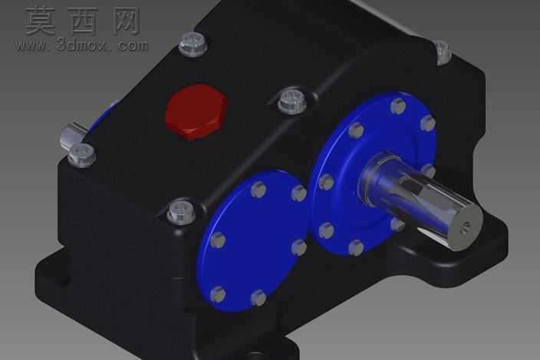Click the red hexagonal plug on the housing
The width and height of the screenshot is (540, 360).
pos(196,111)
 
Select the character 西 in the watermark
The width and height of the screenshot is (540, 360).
pos(84,21)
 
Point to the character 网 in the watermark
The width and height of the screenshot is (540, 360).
pos(124,21)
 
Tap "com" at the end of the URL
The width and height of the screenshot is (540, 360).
pos(133,45)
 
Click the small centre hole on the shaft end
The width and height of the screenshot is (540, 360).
pos(466,226)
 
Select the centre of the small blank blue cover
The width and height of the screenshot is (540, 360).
pos(252,240)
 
